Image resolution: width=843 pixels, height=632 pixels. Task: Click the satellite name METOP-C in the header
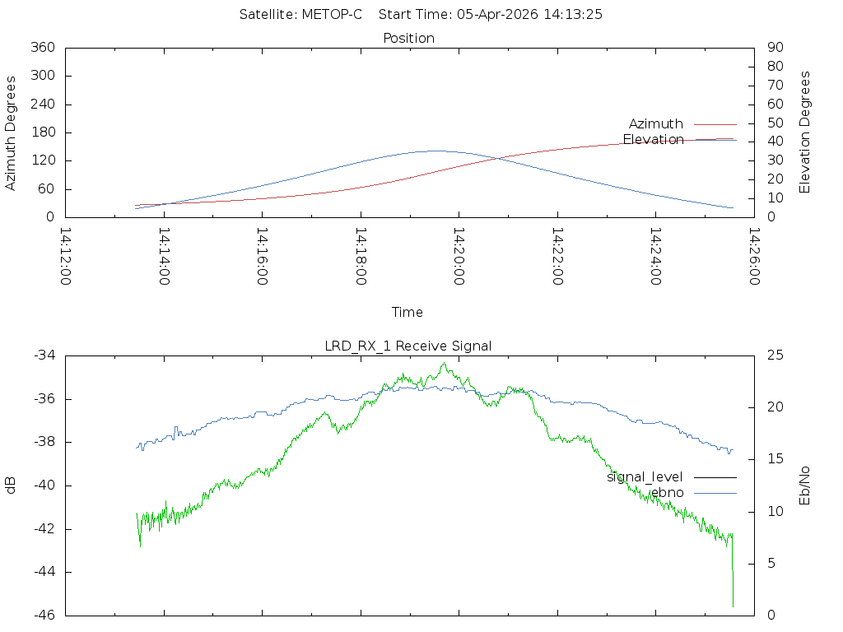[x=332, y=15]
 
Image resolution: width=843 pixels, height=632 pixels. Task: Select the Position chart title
[x=408, y=38]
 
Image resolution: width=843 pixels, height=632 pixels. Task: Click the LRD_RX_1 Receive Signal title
[x=408, y=346]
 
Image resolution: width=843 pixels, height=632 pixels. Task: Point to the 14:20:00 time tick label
[x=459, y=257]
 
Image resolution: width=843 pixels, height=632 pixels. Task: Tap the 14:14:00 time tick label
[x=164, y=257]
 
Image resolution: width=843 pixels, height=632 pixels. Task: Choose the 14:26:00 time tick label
[x=754, y=257]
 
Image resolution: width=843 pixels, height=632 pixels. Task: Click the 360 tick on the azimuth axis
[x=43, y=47]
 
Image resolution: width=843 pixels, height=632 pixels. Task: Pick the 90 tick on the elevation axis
[x=775, y=47]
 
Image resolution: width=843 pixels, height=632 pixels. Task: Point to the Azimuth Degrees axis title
[x=10, y=132]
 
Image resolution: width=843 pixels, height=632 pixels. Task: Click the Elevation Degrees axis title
[x=804, y=132]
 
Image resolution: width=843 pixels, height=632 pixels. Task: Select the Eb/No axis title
[x=804, y=486]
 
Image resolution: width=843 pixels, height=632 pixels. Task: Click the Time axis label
[x=407, y=312]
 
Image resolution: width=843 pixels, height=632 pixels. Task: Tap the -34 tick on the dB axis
[x=44, y=355]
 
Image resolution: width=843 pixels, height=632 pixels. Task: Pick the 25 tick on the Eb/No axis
[x=775, y=355]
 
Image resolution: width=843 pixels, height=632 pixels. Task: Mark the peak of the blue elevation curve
[x=435, y=151]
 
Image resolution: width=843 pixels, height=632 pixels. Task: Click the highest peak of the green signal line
[x=444, y=363]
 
